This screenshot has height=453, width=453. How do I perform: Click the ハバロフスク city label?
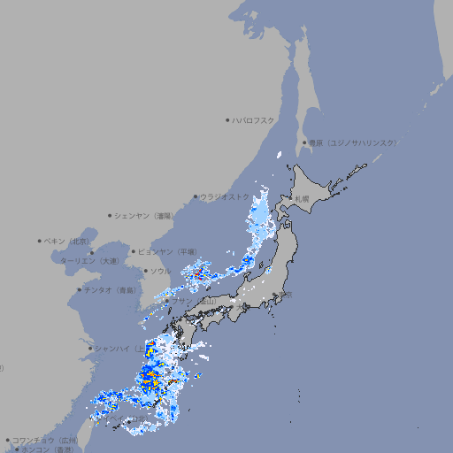(254, 120)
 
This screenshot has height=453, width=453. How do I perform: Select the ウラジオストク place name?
(225, 197)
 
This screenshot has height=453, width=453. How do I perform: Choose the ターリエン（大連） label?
(89, 262)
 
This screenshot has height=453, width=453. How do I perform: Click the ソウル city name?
(160, 271)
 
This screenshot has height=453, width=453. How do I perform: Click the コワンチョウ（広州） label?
(45, 440)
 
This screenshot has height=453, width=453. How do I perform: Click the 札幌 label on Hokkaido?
(303, 198)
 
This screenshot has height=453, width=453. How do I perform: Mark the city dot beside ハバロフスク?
(227, 120)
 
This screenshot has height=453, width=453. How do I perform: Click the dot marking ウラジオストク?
(196, 197)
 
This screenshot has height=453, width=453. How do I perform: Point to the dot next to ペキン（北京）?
(40, 241)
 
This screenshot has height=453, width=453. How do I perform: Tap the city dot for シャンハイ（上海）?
(89, 349)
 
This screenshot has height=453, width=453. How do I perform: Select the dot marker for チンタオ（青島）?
(79, 289)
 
